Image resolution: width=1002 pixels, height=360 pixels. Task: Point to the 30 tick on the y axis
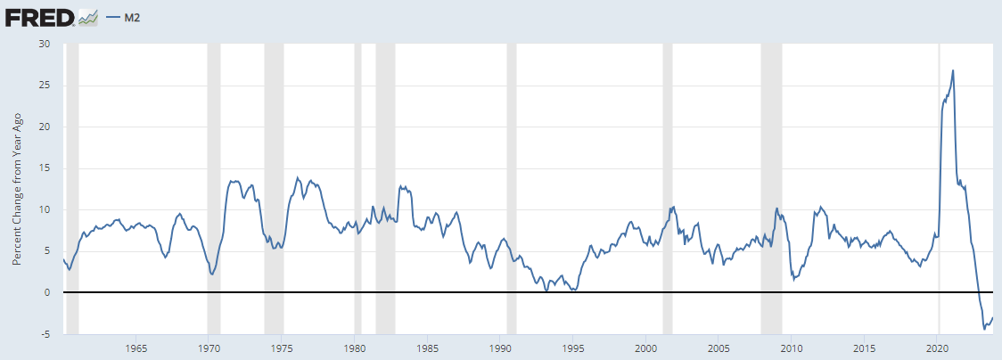(45, 45)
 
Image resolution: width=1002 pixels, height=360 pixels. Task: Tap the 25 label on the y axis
(45, 86)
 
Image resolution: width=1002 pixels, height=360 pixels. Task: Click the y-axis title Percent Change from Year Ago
(16, 188)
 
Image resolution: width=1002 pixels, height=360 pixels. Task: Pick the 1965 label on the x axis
(136, 348)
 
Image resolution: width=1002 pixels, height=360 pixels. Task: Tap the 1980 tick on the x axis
(355, 348)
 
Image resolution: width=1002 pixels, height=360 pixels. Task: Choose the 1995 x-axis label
(574, 348)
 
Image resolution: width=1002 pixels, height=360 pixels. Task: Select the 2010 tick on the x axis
(793, 348)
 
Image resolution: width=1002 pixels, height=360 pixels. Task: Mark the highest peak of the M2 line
(953, 70)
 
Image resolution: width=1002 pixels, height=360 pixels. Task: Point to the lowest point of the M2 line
(984, 329)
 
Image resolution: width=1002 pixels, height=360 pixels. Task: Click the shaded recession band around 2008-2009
(771, 178)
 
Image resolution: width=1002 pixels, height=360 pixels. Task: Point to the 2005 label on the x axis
(719, 348)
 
